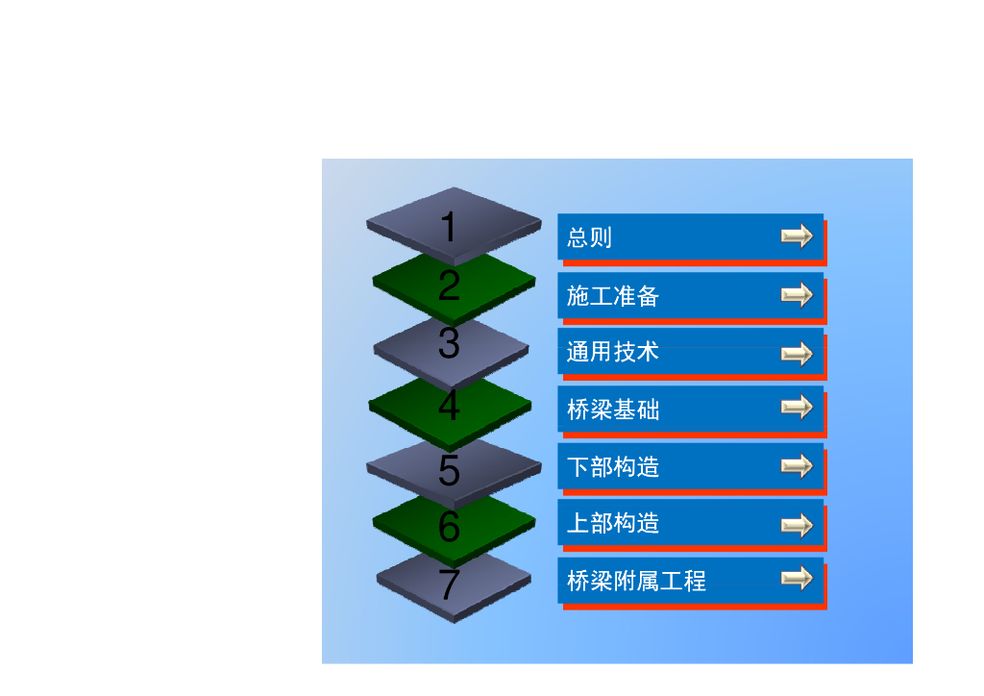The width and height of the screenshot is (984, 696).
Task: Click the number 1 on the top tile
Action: coord(449,229)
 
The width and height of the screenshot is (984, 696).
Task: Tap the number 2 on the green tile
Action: coord(449,286)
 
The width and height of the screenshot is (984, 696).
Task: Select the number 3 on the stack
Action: coord(449,343)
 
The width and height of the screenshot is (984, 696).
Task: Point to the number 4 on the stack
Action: coord(449,407)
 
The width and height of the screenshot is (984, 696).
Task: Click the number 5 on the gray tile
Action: coord(449,470)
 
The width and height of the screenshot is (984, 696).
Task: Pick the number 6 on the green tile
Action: coord(449,527)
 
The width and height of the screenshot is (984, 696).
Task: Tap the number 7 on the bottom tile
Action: coord(449,584)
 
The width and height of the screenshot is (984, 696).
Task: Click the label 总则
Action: coord(589,237)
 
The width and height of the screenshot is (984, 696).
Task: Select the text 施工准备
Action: coord(612,296)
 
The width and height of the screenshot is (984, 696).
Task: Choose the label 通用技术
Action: coord(612,352)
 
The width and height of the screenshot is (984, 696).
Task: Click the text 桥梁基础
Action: coord(612,410)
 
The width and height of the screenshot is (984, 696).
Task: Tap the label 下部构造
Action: coord(612,467)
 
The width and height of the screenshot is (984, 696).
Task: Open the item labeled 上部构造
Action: coord(612,523)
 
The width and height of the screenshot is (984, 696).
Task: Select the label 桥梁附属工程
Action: coord(636,581)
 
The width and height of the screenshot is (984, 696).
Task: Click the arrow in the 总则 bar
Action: coord(797,236)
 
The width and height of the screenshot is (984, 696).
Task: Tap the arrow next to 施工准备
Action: coord(797,295)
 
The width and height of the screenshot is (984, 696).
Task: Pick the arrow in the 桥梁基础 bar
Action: coord(797,409)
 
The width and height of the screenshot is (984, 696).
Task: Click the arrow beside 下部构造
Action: coord(797,467)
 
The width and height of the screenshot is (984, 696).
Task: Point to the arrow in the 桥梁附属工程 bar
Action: coord(797,579)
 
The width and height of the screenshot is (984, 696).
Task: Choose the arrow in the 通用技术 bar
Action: coord(797,355)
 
